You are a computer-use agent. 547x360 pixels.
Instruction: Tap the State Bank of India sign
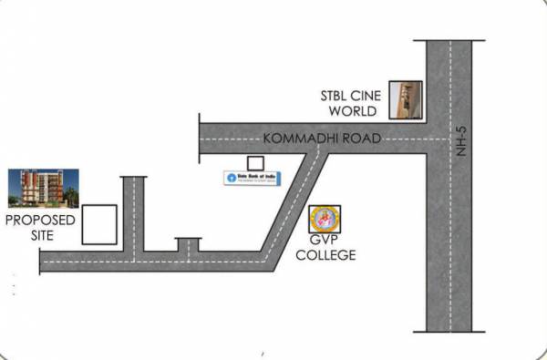[253, 177]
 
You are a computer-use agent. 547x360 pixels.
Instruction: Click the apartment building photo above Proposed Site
[39, 190]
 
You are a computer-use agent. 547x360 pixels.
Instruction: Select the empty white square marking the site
[99, 224]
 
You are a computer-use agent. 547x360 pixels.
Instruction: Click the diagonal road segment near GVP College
[293, 210]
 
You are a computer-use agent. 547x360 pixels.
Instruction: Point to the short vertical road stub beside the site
[134, 210]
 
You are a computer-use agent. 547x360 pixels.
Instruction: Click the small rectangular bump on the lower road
[188, 244]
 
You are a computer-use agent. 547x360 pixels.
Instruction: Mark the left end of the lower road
[43, 262]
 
